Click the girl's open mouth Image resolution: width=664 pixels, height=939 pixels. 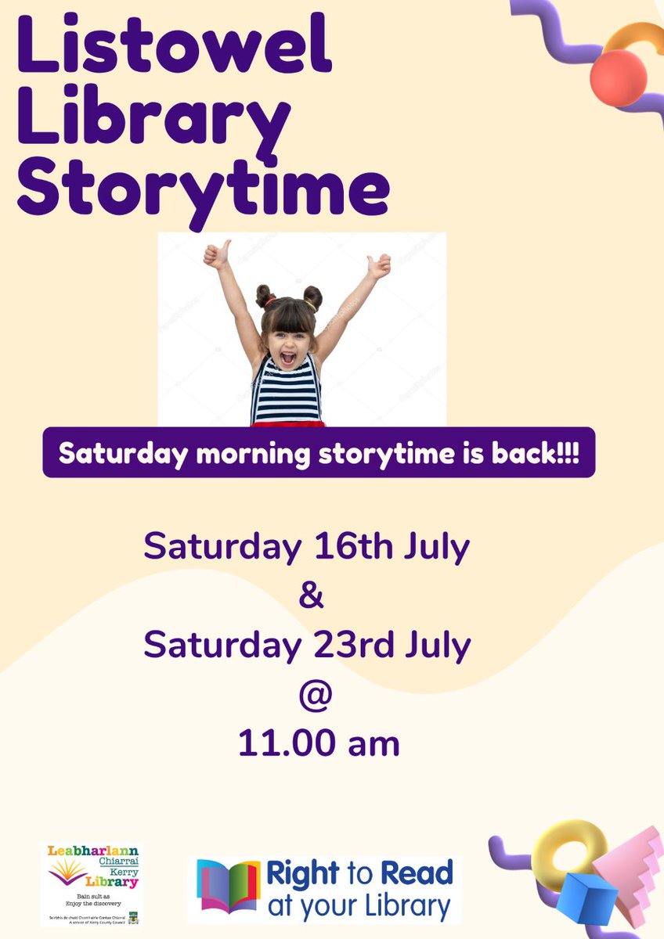[x=287, y=359]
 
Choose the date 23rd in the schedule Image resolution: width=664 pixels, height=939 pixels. [x=358, y=645]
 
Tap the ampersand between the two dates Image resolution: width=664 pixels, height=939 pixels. [x=312, y=596]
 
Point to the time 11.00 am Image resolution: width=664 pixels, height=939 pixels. [x=319, y=744]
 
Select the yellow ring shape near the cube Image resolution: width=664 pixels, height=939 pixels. [x=564, y=849]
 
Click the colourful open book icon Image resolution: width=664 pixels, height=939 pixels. [x=228, y=887]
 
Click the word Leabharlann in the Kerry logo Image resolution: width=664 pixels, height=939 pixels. [x=91, y=851]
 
